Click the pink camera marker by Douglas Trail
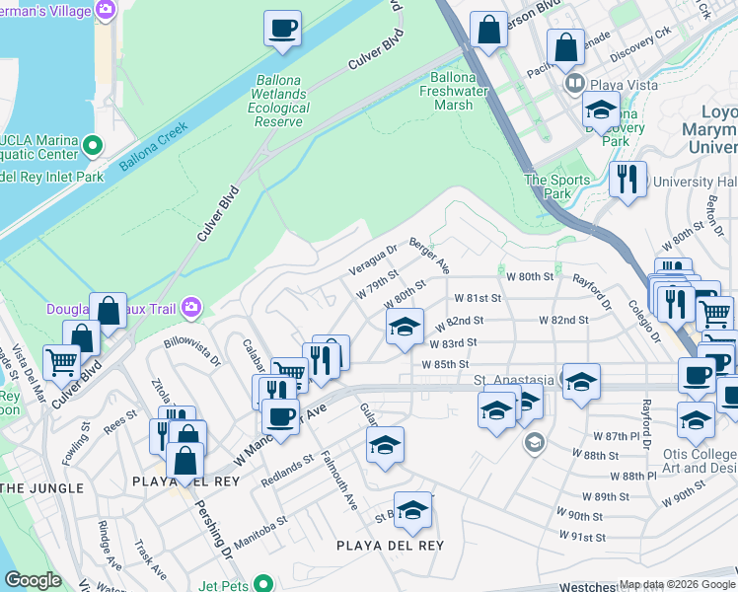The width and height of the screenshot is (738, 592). pyautogui.click(x=189, y=309)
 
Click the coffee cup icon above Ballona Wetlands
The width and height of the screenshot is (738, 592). pyautogui.click(x=283, y=28)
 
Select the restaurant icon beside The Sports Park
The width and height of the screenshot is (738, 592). pyautogui.click(x=627, y=180)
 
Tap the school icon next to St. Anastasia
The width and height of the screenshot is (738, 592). pyautogui.click(x=581, y=381)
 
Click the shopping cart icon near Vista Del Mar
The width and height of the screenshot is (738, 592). pyautogui.click(x=61, y=361)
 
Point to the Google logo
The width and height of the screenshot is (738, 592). pyautogui.click(x=33, y=580)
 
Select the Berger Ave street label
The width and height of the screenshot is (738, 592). pyautogui.click(x=429, y=256)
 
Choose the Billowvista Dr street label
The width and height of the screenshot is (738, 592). pyautogui.click(x=192, y=355)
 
